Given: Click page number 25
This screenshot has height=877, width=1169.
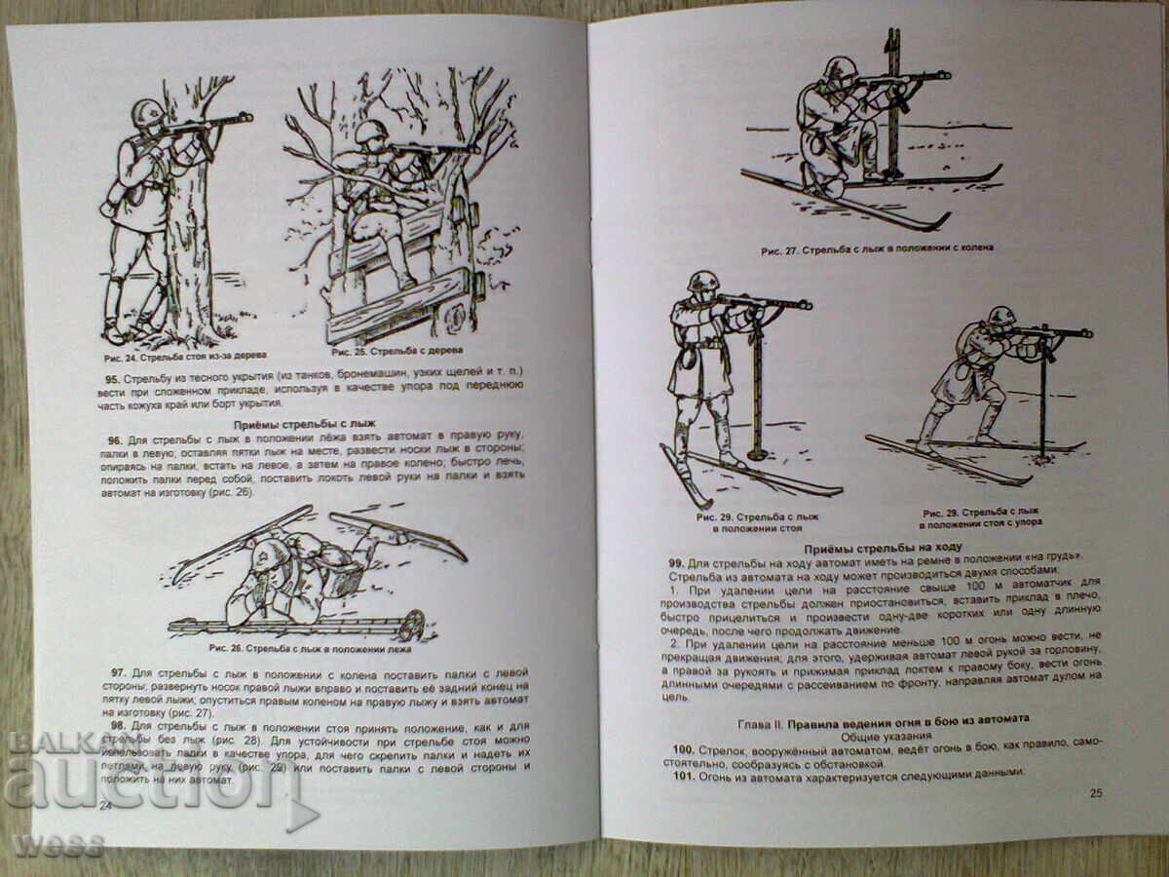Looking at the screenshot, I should (1095, 793).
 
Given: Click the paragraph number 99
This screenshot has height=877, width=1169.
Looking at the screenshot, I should (679, 564).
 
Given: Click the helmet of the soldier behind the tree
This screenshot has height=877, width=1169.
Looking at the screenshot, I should (147, 111).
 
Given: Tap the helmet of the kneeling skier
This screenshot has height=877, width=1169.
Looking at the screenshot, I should (839, 69).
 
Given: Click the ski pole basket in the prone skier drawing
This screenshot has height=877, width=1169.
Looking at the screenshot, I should (411, 624).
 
